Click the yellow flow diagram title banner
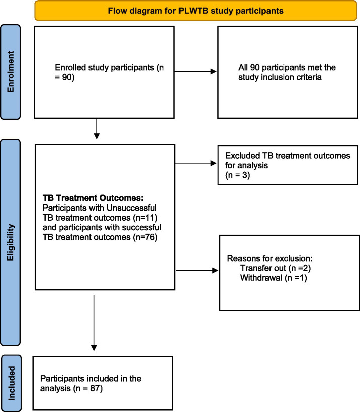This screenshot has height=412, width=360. pos(196,11)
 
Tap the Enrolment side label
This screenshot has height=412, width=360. pos(10,72)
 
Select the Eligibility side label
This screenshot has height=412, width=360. pos(10,242)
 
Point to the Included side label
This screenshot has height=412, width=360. pos(11,383)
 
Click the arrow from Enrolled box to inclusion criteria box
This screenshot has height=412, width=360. pos(196,71)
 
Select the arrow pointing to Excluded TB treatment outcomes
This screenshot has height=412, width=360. pos(196,163)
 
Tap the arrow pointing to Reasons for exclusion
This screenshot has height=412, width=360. pos(197,270)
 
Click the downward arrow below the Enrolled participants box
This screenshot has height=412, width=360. pos(97,129)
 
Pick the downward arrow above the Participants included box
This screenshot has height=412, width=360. pos(94,323)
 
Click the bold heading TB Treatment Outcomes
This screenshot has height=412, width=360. pos(93,198)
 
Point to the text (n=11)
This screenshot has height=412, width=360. pos(145,218)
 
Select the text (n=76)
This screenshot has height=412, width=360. pos(145,237)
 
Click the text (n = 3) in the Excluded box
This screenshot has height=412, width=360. pos(237,175)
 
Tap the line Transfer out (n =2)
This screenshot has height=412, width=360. pos(276,268)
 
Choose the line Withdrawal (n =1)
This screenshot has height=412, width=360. pos(274,278)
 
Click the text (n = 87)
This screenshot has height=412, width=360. pos(88,388)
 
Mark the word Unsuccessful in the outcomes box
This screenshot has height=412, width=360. pos(132,208)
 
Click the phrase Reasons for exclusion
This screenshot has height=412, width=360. pos(270,259)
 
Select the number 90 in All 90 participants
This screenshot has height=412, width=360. pos(255,67)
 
